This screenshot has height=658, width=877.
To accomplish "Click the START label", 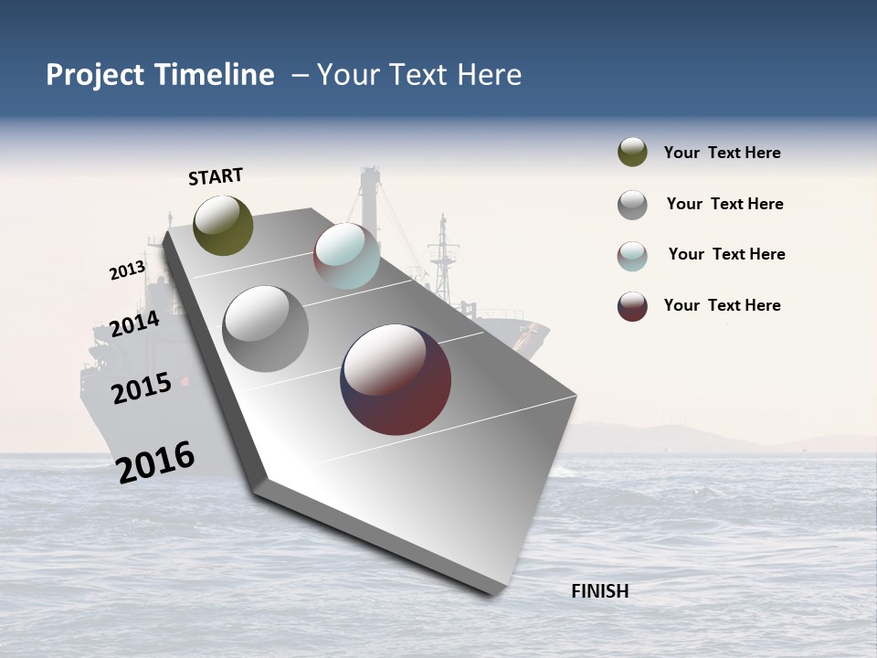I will click(216, 176).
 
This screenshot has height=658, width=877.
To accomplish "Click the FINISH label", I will click(599, 591).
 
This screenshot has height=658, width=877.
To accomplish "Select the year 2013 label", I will click(128, 270).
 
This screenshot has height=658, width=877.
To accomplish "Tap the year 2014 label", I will click(134, 324).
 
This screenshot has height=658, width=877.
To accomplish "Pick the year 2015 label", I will click(142, 388).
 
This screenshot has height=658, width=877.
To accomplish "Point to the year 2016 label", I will click(155, 462).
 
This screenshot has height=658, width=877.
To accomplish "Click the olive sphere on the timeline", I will click(223, 225).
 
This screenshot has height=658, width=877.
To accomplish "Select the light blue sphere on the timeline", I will click(346, 256).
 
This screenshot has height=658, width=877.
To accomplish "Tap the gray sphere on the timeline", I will click(266, 329).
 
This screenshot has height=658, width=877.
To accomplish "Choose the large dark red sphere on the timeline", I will click(396, 379).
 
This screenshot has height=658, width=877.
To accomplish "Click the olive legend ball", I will click(632, 153).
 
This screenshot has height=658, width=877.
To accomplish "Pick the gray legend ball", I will click(632, 205).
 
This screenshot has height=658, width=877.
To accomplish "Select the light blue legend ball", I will click(632, 256).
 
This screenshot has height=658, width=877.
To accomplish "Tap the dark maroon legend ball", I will click(632, 306).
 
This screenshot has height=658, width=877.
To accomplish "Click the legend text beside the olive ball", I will click(722, 154).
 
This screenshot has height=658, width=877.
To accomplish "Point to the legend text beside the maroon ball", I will click(722, 305).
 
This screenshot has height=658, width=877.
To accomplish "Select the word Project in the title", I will click(95, 75).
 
